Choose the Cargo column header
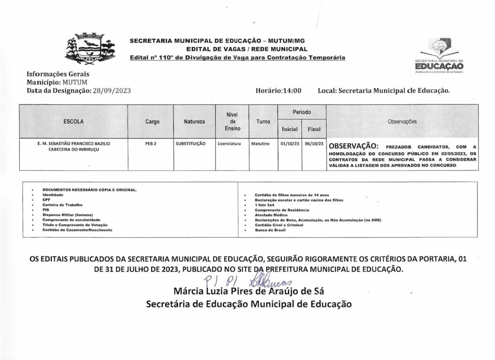(152, 122)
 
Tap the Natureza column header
(194, 122)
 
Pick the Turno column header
(263, 122)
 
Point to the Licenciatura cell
(229, 144)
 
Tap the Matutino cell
(262, 144)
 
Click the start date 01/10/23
(290, 144)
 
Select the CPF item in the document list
(46, 199)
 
